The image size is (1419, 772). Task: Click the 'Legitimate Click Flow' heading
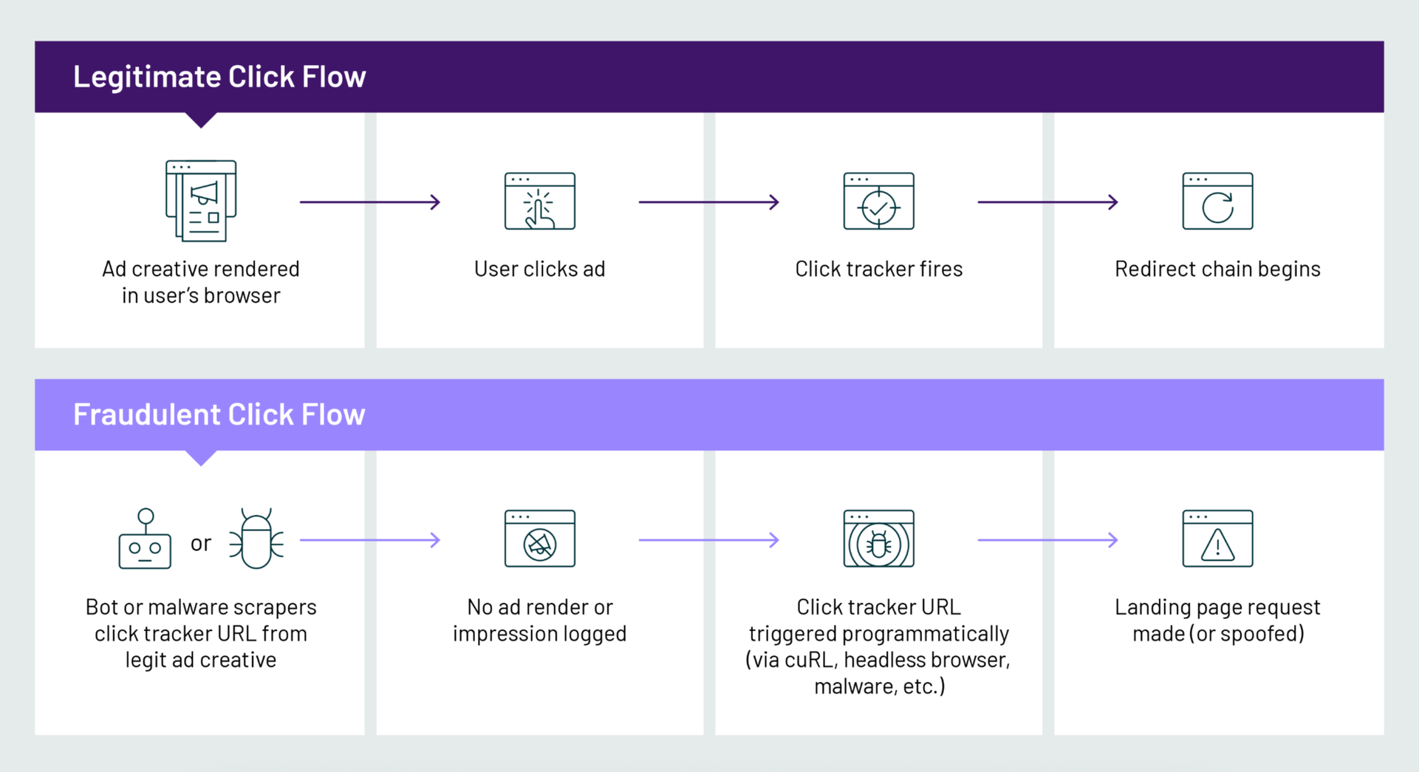click(x=219, y=77)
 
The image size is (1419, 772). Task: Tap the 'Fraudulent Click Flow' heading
click(x=219, y=414)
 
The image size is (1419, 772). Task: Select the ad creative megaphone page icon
click(x=201, y=200)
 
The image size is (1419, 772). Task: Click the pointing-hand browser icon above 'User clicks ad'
click(x=540, y=201)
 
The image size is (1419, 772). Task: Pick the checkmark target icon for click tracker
click(x=879, y=201)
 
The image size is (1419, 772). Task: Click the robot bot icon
click(x=146, y=539)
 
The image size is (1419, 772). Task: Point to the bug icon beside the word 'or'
click(x=256, y=539)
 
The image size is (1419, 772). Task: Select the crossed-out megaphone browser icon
click(x=540, y=539)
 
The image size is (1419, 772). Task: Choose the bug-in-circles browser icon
click(x=879, y=539)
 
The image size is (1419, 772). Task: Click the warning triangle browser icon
click(x=1218, y=539)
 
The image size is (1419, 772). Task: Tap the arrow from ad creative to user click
click(x=370, y=202)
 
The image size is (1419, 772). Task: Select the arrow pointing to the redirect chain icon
click(x=1048, y=202)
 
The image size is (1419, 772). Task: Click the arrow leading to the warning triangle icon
click(x=1048, y=540)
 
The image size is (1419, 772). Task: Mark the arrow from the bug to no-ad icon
click(x=370, y=540)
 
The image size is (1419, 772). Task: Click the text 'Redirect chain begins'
click(x=1218, y=269)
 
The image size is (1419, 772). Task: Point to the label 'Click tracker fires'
click(x=879, y=269)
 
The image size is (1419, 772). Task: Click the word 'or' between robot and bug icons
click(x=201, y=544)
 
